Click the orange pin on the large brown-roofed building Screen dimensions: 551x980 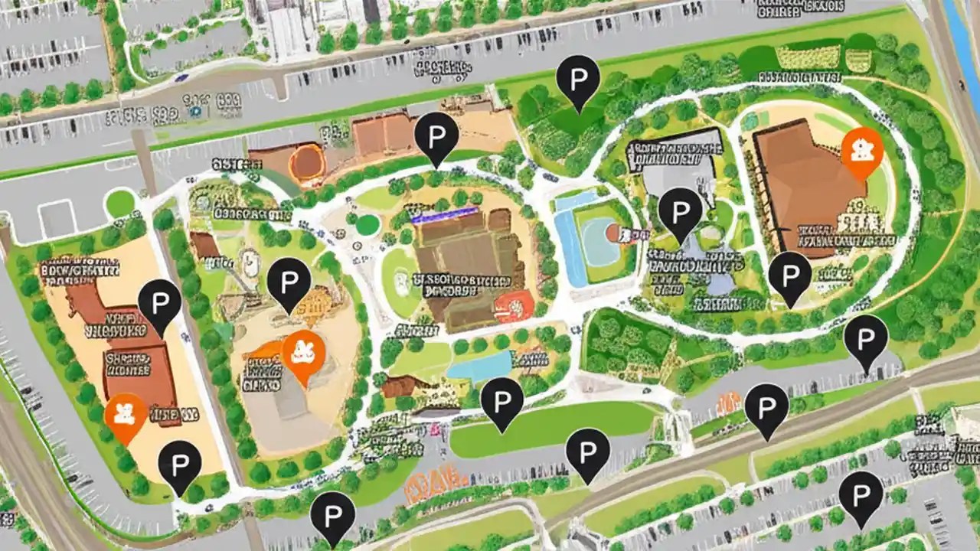[862, 148]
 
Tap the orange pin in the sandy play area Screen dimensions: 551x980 [303, 353]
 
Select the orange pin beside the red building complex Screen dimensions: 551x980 [126, 413]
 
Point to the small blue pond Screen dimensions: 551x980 [479, 366]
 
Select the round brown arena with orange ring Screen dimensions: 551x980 [309, 162]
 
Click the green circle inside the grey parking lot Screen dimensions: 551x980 [119, 204]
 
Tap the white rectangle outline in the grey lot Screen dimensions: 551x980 [57, 219]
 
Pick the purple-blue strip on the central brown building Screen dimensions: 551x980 [439, 217]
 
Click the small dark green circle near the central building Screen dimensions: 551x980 [367, 225]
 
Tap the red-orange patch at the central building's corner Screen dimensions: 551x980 [514, 306]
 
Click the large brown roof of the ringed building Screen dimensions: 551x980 [804, 184]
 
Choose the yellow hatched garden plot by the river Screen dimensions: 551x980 [808, 57]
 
